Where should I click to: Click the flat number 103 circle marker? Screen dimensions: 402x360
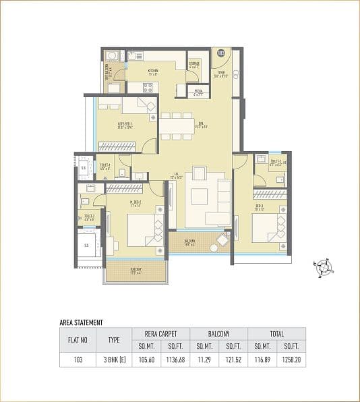point(220,53)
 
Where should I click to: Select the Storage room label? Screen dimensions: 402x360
point(194,65)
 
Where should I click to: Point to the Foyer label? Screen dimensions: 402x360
point(220,74)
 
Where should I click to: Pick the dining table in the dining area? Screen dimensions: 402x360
point(177,126)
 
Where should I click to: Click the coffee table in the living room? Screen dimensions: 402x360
point(200,198)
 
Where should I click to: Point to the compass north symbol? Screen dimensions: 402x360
point(324,268)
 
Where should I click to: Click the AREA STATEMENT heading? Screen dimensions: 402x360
point(81,323)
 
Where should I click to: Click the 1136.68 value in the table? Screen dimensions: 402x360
point(175,361)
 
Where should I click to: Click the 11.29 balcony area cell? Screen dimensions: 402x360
point(204,361)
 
